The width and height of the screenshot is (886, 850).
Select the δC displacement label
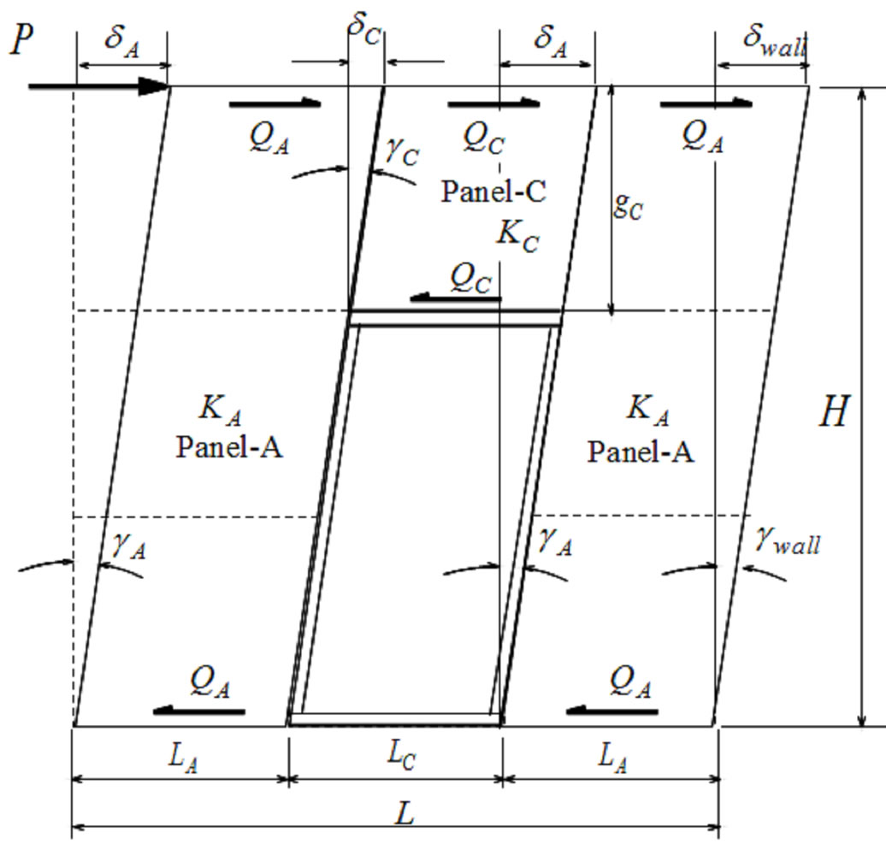(363, 25)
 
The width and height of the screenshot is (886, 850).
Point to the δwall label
(773, 43)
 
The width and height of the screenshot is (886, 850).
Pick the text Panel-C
(493, 191)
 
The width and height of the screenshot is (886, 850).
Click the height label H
(834, 413)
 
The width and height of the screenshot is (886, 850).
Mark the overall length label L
(405, 812)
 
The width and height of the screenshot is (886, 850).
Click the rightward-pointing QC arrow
(493, 104)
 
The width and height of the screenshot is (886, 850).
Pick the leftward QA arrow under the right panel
(612, 711)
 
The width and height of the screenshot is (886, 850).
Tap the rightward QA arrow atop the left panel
(275, 104)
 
